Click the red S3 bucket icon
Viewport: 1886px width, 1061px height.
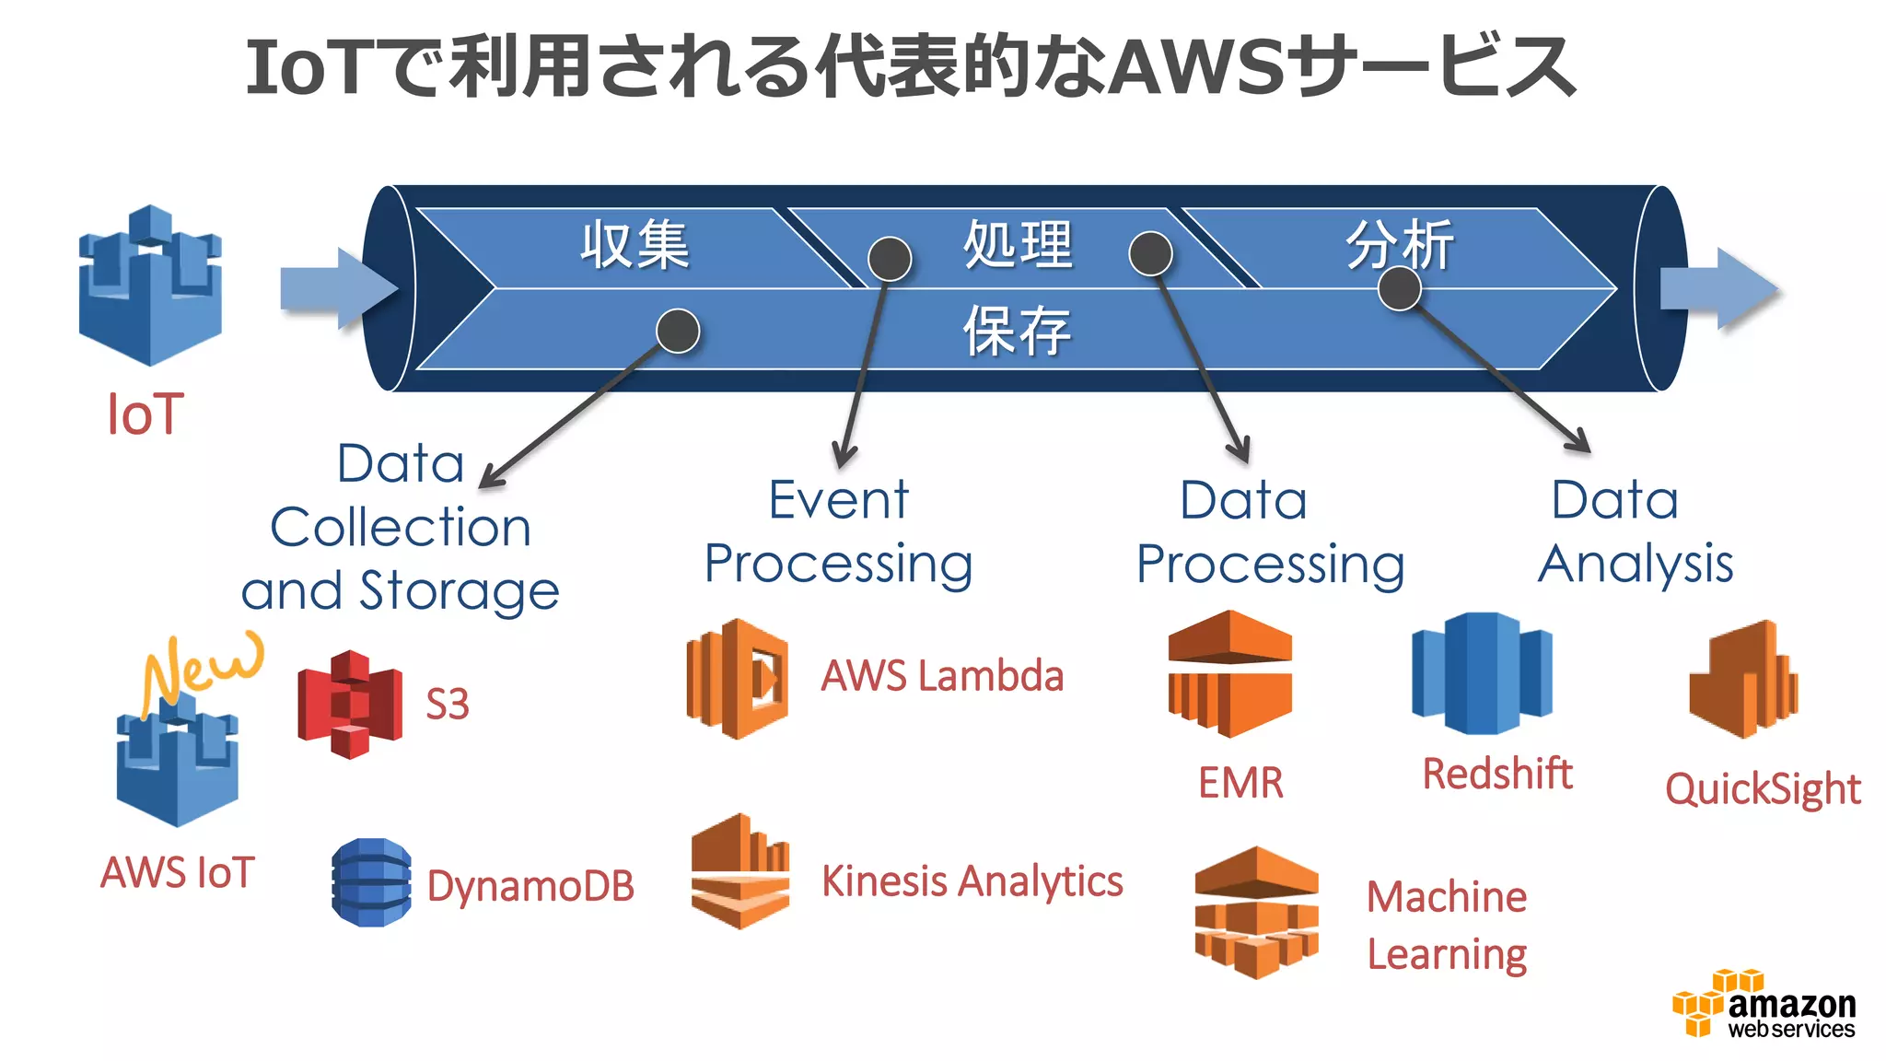[350, 705]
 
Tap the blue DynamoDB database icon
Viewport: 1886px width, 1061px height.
[371, 882]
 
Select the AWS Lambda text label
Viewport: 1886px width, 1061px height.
[942, 676]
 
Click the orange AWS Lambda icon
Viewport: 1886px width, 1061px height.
[737, 679]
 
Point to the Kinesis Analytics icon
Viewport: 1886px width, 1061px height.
[740, 871]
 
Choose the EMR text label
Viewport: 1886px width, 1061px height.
[1240, 783]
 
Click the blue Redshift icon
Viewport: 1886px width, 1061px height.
[1482, 673]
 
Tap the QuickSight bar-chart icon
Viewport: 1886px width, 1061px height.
[1742, 681]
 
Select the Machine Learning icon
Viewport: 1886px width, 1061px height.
[1256, 912]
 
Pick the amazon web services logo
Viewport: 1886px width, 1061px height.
[1764, 1006]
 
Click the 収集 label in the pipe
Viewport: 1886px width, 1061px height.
[634, 246]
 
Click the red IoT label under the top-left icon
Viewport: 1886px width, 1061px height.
[146, 414]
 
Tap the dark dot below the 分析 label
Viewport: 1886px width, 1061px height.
[1399, 289]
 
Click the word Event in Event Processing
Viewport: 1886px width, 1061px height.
[838, 501]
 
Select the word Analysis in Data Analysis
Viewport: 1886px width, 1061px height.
[1636, 565]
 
